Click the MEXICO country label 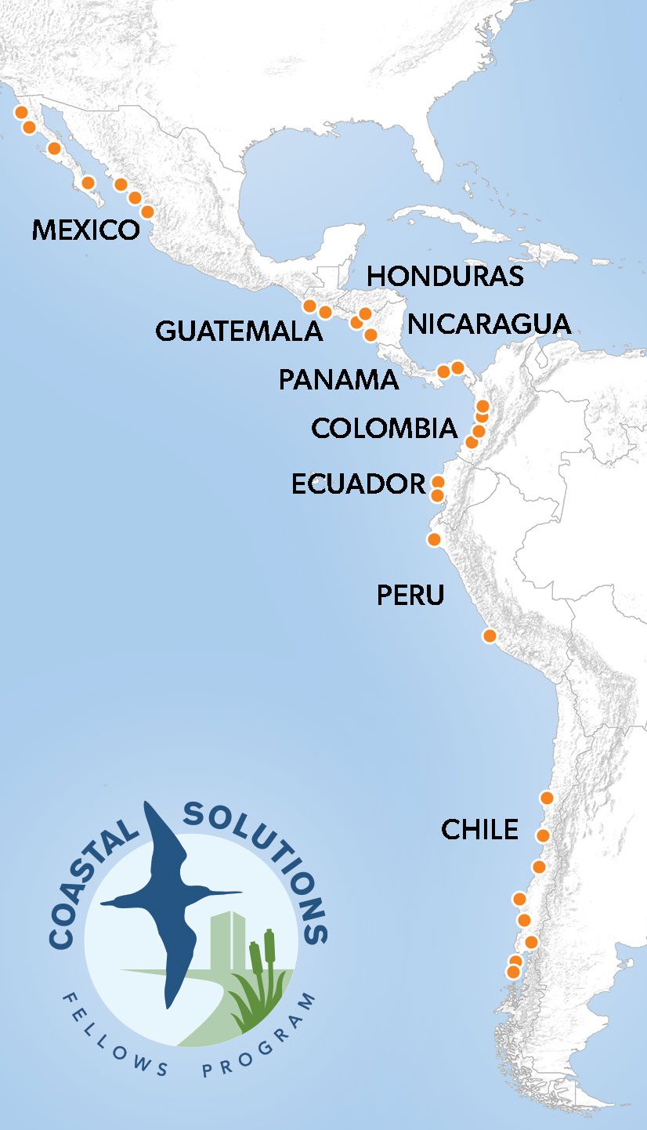coord(85,230)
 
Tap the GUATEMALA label coord(239,331)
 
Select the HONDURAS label coord(445,276)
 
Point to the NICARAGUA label coord(490,324)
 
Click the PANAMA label coord(338,380)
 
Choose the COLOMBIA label coord(384,428)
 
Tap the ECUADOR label coord(358,484)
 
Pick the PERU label coord(410,596)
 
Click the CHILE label coord(479,829)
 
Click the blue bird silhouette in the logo coord(168,893)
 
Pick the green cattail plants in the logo coord(262,980)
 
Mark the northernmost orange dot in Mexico coord(22,112)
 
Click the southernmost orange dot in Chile coord(513,972)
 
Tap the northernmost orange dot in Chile coord(547,798)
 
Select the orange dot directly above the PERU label coord(433,539)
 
